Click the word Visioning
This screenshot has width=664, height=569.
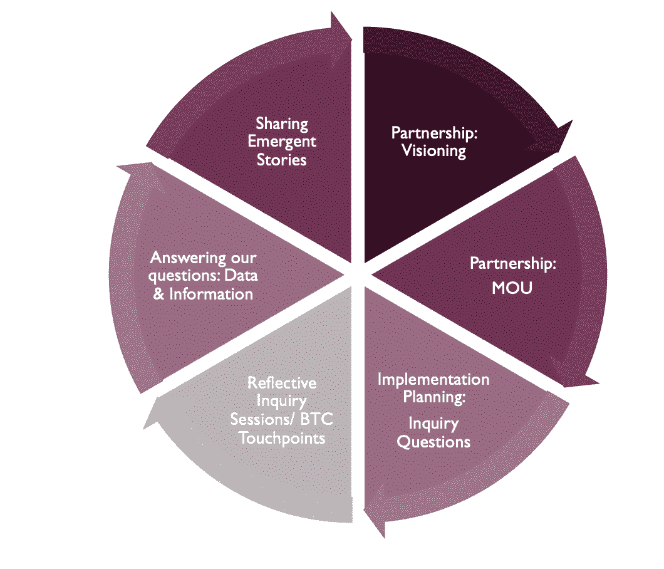[x=433, y=151]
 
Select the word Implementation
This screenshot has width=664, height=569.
[x=433, y=380]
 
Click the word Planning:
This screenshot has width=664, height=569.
[x=435, y=397]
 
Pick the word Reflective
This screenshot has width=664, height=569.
[x=282, y=383]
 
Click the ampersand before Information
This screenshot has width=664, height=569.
[x=159, y=294]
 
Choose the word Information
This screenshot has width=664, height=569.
[x=212, y=294]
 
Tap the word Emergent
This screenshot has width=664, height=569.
[x=282, y=142]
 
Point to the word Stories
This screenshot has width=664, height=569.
[x=281, y=159]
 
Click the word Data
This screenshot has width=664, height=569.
[x=243, y=276]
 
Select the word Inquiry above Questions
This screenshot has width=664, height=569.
[x=433, y=424]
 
